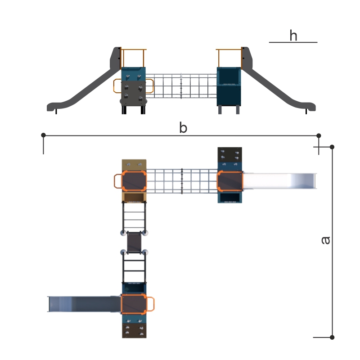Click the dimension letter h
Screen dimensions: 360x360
point(293,36)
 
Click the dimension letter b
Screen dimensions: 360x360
point(183,127)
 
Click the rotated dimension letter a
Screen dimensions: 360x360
point(325,240)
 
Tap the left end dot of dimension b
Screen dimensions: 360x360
point(43,135)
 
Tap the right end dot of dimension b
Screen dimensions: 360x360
point(319,136)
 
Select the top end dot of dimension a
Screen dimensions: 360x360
point(332,147)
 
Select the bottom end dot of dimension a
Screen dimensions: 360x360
point(332,337)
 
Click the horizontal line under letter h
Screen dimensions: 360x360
point(293,42)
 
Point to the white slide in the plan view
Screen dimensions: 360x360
point(279,181)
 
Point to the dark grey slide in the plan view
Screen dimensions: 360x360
point(84,304)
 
